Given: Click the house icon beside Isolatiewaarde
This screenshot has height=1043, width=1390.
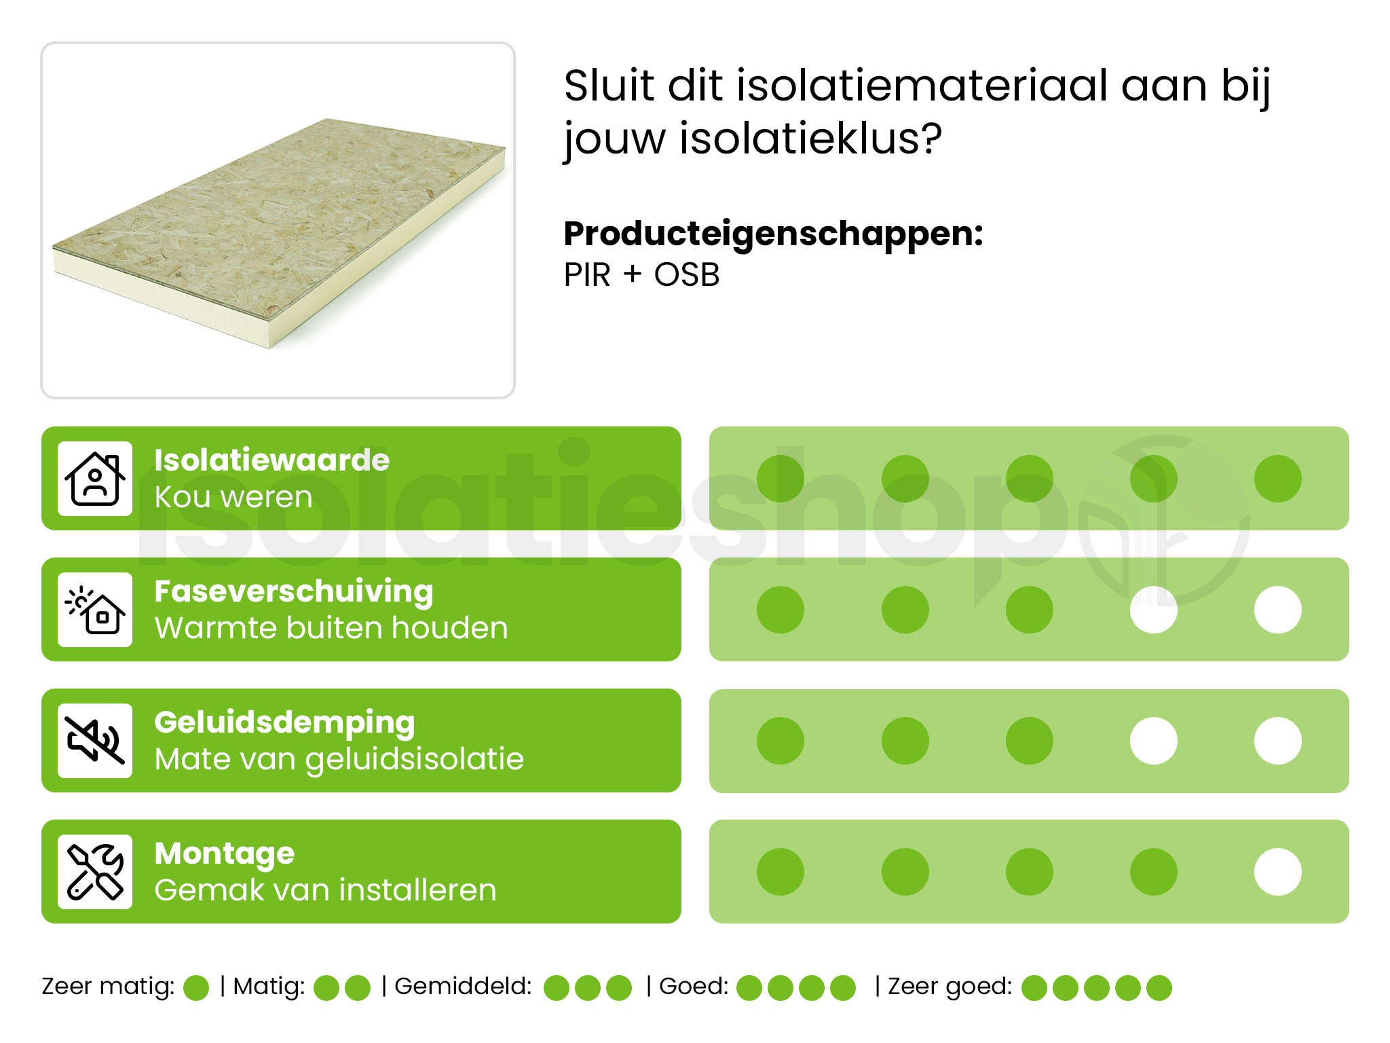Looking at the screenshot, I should coord(95,479).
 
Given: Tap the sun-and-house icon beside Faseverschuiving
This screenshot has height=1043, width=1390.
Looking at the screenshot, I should coord(95,610).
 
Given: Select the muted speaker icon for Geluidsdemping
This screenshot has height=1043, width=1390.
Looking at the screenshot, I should coord(95,741).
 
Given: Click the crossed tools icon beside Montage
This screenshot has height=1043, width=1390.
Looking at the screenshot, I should coord(95,872).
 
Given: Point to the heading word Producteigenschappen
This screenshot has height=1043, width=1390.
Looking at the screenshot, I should coord(773,234).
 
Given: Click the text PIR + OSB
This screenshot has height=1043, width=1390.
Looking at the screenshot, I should coord(641,275).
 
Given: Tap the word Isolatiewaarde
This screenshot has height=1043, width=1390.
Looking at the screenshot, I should coord(271,460).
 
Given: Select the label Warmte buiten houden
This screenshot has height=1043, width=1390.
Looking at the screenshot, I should coord(331,628).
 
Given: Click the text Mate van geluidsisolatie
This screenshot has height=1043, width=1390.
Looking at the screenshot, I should coord(339,759).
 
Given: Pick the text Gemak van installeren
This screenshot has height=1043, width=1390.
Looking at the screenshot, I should coord(325,890).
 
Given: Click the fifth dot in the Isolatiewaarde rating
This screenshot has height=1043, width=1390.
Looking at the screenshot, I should coord(1277,479).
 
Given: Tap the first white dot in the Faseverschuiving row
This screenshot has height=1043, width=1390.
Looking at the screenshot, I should coord(1153,610).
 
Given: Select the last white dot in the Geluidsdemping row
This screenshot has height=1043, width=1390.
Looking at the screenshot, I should coord(1277,741).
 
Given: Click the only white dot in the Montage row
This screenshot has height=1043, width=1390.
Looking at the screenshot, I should coord(1277,872).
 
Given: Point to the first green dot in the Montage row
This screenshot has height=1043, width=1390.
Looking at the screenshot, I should coord(781,872).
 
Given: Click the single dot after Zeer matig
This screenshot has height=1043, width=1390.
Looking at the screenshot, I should coord(196,988).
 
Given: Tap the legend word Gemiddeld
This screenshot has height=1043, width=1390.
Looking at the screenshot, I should coord(463,986).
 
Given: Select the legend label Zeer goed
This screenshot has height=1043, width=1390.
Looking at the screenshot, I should coord(949,986).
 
